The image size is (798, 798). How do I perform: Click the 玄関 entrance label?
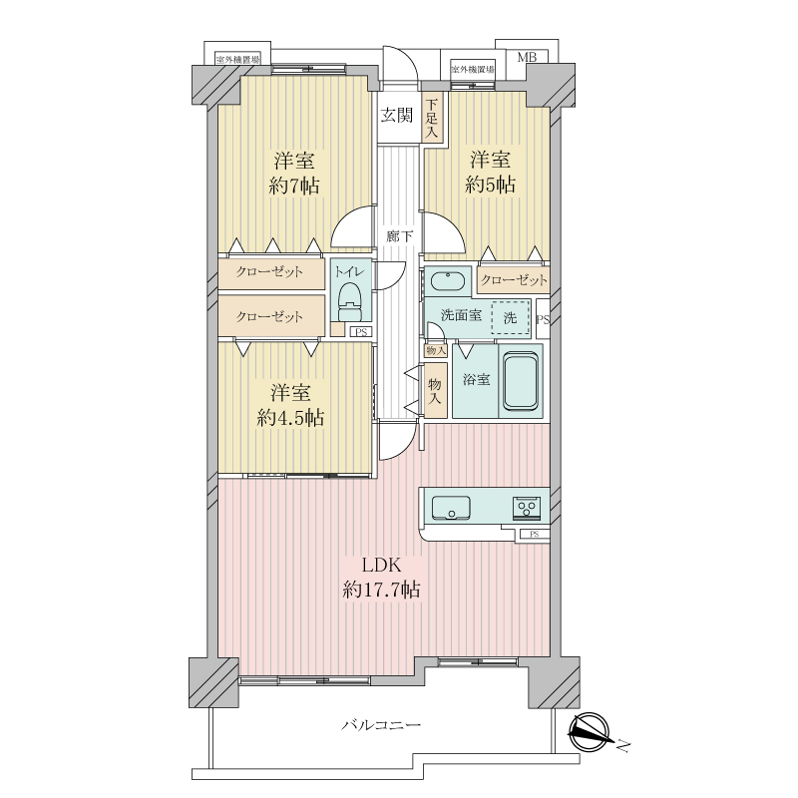[x=396, y=116]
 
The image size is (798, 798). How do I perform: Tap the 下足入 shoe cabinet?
[x=432, y=117]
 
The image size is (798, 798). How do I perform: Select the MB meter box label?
[x=527, y=57]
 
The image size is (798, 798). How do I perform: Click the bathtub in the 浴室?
[x=520, y=380]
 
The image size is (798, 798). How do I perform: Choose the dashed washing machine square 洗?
[x=511, y=317]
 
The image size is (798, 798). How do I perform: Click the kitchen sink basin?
[x=451, y=508]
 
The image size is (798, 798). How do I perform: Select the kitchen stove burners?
[x=527, y=508]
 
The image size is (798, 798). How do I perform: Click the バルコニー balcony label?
[x=381, y=724]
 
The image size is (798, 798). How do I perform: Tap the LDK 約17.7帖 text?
[x=381, y=578]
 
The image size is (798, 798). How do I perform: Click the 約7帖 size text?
[x=294, y=186]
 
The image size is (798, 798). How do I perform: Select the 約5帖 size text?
[x=490, y=185]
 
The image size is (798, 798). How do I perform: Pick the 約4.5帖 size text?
[x=290, y=418]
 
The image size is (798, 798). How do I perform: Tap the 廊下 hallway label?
[x=399, y=236]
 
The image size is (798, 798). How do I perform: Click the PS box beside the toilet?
[x=361, y=332]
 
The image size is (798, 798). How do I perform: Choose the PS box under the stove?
[x=534, y=535]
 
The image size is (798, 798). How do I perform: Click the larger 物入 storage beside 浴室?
[x=435, y=390]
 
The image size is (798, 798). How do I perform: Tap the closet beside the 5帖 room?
[x=514, y=280]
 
